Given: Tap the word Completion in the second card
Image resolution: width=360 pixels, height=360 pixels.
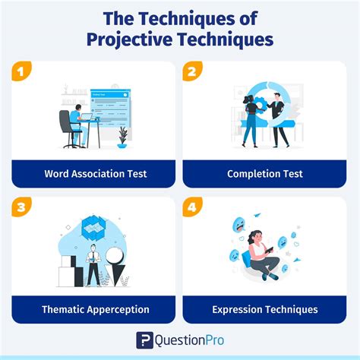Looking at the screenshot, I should click(x=254, y=174).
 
